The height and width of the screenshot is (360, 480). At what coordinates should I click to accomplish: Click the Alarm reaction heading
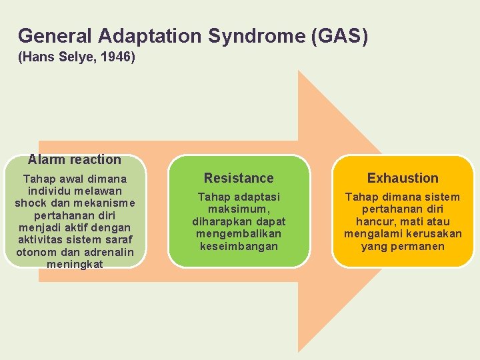(75, 159)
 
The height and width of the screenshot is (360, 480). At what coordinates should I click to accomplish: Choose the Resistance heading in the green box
(239, 178)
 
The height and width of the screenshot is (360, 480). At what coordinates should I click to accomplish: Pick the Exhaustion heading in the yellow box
(403, 178)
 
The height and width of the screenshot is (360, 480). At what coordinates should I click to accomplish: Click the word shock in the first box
(30, 203)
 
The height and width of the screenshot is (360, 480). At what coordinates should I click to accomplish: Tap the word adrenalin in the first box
(108, 252)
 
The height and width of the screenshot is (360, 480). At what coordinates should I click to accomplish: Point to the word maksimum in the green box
(238, 209)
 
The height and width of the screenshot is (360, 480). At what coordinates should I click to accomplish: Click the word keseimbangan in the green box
(239, 246)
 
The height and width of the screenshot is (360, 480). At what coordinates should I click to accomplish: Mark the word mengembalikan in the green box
(239, 234)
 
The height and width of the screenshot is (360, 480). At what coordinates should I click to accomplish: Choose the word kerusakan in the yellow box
(433, 234)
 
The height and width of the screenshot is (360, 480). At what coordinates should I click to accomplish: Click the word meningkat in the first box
(75, 264)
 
